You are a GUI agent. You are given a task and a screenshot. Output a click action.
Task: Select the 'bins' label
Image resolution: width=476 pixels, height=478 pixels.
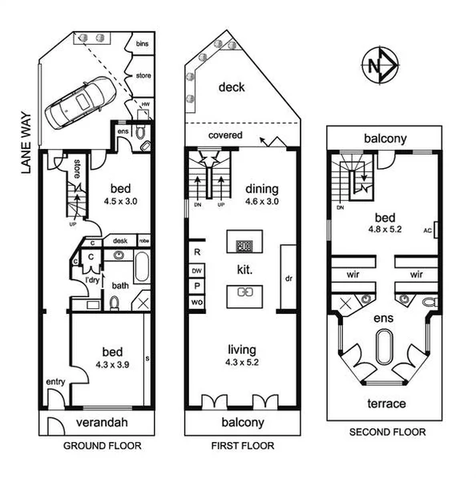tap(143, 43)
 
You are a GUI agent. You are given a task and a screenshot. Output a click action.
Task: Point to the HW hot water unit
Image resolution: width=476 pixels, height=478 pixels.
tap(145, 106)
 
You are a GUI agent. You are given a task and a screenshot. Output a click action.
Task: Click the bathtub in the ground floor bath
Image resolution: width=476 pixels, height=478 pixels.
tap(142, 267)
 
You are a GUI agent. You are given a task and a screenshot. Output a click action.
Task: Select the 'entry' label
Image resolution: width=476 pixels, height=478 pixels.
tap(55, 381)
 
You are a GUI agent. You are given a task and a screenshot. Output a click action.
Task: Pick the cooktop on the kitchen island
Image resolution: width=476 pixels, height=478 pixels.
tap(244, 246)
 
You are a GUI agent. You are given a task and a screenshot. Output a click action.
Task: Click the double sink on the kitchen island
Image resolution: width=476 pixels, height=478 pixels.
tap(244, 292)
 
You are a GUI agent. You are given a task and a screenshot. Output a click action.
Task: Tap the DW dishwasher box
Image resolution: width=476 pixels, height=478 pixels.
tap(196, 271)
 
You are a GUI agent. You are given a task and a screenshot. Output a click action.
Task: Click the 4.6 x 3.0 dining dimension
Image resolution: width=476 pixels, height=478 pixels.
tap(260, 202)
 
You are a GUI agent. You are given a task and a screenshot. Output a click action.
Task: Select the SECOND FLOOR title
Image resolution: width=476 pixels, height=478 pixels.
tap(387, 432)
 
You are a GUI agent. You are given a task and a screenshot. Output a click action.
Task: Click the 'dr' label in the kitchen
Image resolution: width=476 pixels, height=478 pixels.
tap(288, 279)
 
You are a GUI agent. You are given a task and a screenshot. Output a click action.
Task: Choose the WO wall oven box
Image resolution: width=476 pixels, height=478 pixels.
tap(196, 301)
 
